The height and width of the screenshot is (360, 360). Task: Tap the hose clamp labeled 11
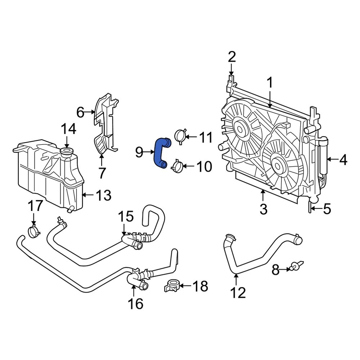tap(180, 136)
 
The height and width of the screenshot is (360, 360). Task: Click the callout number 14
tap(68, 130)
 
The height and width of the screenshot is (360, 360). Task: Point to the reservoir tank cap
tap(67, 152)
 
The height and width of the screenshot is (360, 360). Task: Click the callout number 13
tap(103, 195)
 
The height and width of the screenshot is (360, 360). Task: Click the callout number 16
tap(135, 303)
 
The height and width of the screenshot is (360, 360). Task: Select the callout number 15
tap(126, 217)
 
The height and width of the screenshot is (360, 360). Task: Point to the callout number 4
tap(343, 159)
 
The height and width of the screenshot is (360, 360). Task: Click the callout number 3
tap(263, 209)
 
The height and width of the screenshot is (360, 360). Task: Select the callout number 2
tap(231, 57)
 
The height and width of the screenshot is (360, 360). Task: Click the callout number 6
tap(80, 113)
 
